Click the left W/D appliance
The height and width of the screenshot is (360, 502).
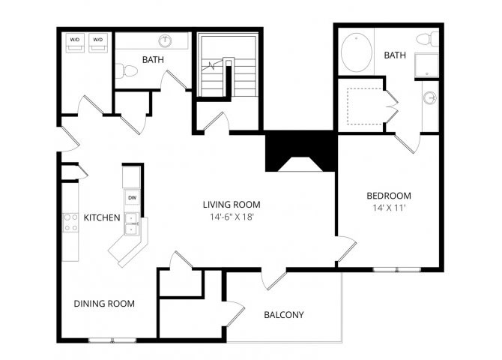[75, 43]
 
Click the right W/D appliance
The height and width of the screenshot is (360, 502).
[98, 43]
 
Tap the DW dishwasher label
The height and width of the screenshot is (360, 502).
[132, 198]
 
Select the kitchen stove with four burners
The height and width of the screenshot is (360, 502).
[70, 223]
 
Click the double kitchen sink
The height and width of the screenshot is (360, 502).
[132, 223]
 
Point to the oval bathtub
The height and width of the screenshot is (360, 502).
[357, 52]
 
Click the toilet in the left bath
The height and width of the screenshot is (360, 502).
[126, 71]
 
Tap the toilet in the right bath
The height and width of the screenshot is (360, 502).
[428, 39]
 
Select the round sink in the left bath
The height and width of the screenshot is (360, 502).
[165, 40]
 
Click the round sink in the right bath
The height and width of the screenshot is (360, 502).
[430, 97]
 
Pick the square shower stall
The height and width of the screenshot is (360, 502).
[427, 65]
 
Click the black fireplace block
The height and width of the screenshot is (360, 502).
[300, 151]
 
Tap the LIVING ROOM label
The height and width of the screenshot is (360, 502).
[232, 205]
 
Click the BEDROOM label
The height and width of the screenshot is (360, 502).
[389, 196]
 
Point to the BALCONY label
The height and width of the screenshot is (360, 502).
[284, 315]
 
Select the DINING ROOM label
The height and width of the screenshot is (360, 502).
[104, 304]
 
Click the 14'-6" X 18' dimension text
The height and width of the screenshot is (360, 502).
[232, 217]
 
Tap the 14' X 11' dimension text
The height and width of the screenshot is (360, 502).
[389, 208]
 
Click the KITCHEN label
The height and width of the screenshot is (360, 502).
[102, 217]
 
